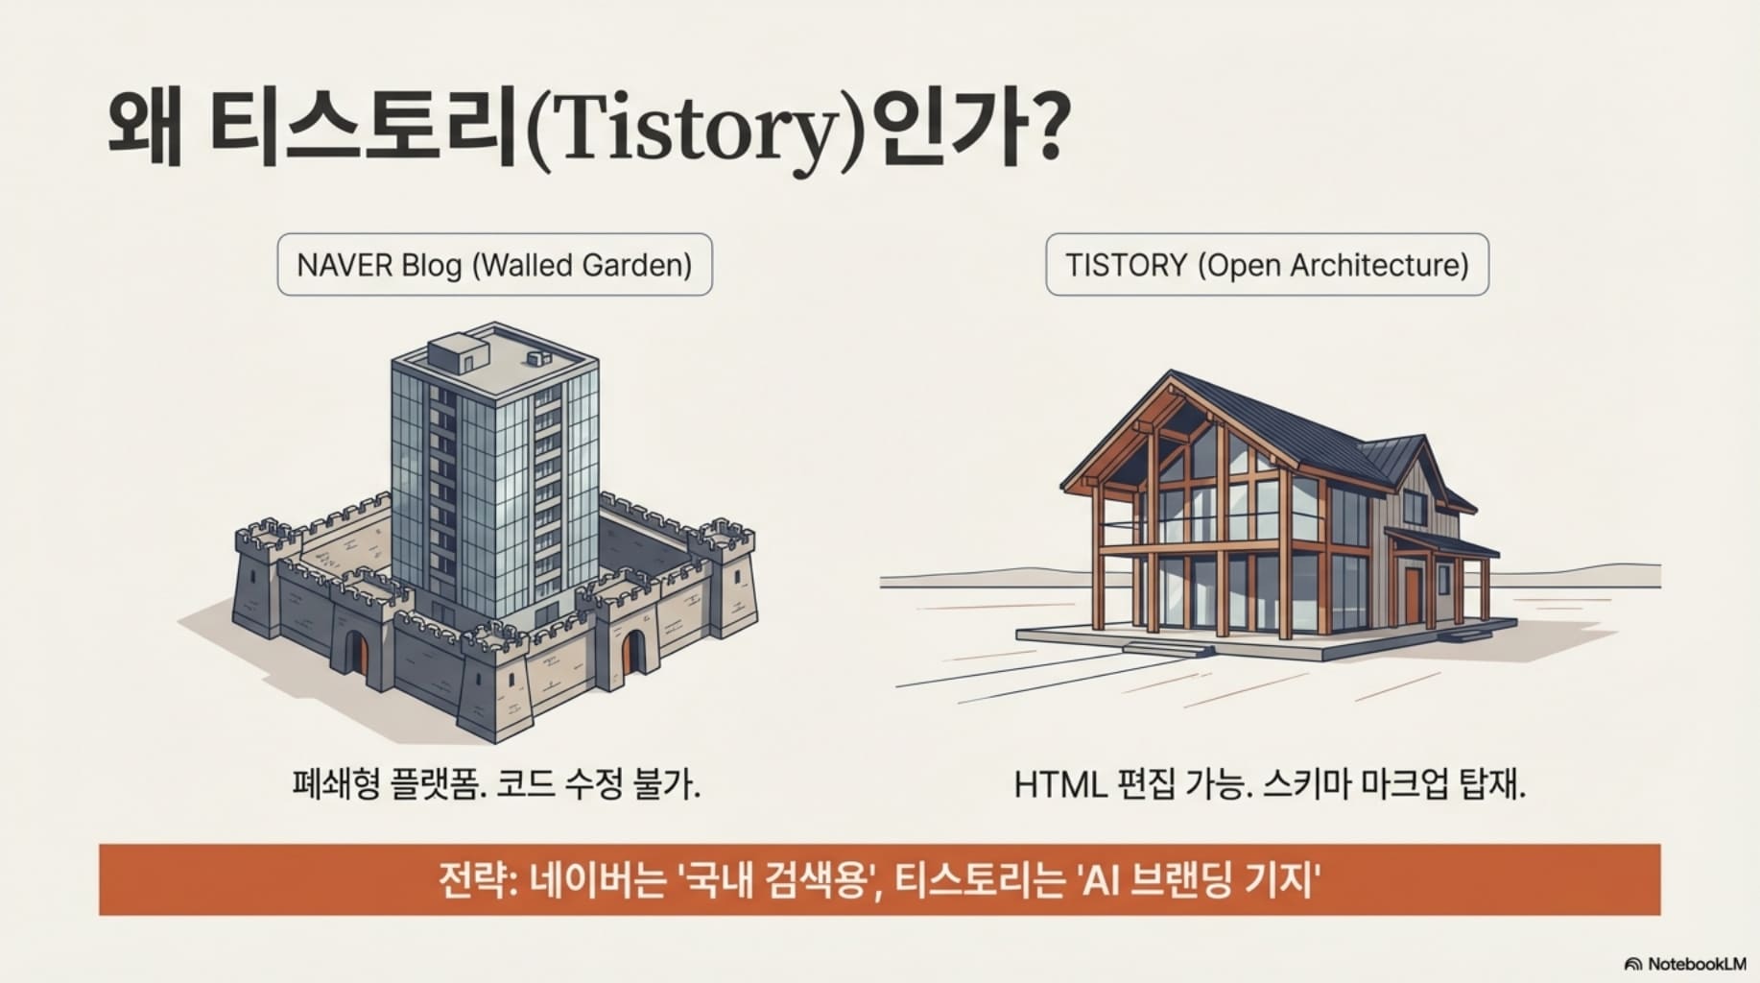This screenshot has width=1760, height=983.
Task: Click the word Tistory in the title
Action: [691, 129]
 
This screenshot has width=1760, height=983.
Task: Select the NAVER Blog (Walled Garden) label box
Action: [494, 264]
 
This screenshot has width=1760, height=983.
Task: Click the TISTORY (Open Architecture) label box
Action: [1267, 264]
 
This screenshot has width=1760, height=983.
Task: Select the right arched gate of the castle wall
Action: [630, 651]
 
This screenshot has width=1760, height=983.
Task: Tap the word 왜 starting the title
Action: [144, 129]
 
